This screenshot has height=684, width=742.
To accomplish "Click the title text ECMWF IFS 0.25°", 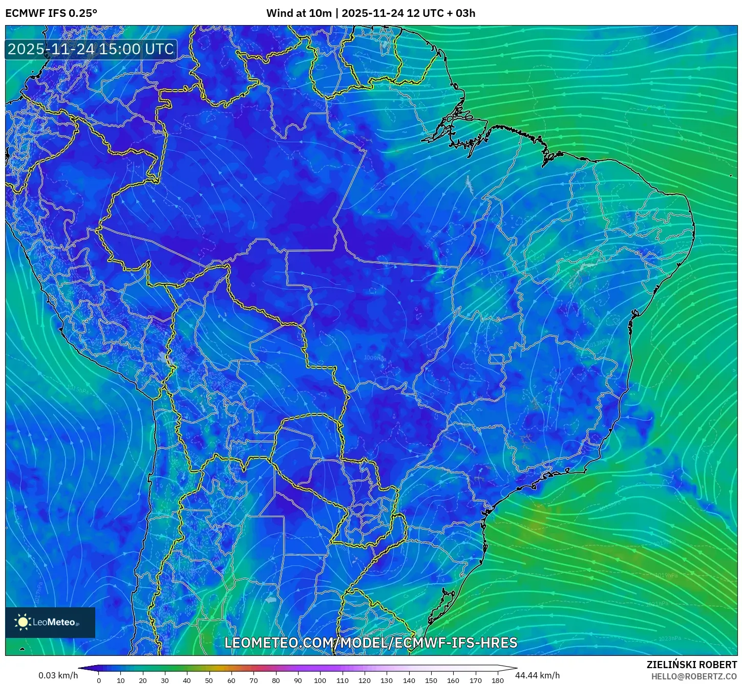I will (51, 13).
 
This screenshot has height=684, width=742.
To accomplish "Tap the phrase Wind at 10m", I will (299, 13).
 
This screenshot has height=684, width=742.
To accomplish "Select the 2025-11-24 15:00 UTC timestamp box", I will (91, 50).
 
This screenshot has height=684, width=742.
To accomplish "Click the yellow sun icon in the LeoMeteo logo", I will (23, 622).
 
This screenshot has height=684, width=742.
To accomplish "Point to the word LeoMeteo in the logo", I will (54, 623).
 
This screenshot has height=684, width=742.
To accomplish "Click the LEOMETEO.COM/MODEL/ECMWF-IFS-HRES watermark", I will (371, 643).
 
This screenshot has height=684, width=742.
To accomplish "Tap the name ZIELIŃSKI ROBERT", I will (691, 665).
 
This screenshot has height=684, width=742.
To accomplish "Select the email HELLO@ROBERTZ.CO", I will (694, 676).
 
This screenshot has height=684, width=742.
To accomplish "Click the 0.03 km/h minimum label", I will (58, 675).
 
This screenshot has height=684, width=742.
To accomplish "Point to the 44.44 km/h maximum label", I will (537, 675).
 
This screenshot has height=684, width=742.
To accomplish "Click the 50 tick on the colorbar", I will (209, 680).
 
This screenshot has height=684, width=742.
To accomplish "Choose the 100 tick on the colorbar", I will (320, 680).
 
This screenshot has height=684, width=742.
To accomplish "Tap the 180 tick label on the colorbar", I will (497, 680).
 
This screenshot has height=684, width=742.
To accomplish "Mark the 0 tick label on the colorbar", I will (99, 680).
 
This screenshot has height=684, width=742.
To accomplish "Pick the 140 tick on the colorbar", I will (409, 680).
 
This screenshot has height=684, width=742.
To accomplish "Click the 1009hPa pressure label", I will (375, 358).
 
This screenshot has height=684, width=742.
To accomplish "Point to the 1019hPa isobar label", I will (666, 575).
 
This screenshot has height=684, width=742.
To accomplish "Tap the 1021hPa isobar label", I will (657, 604).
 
